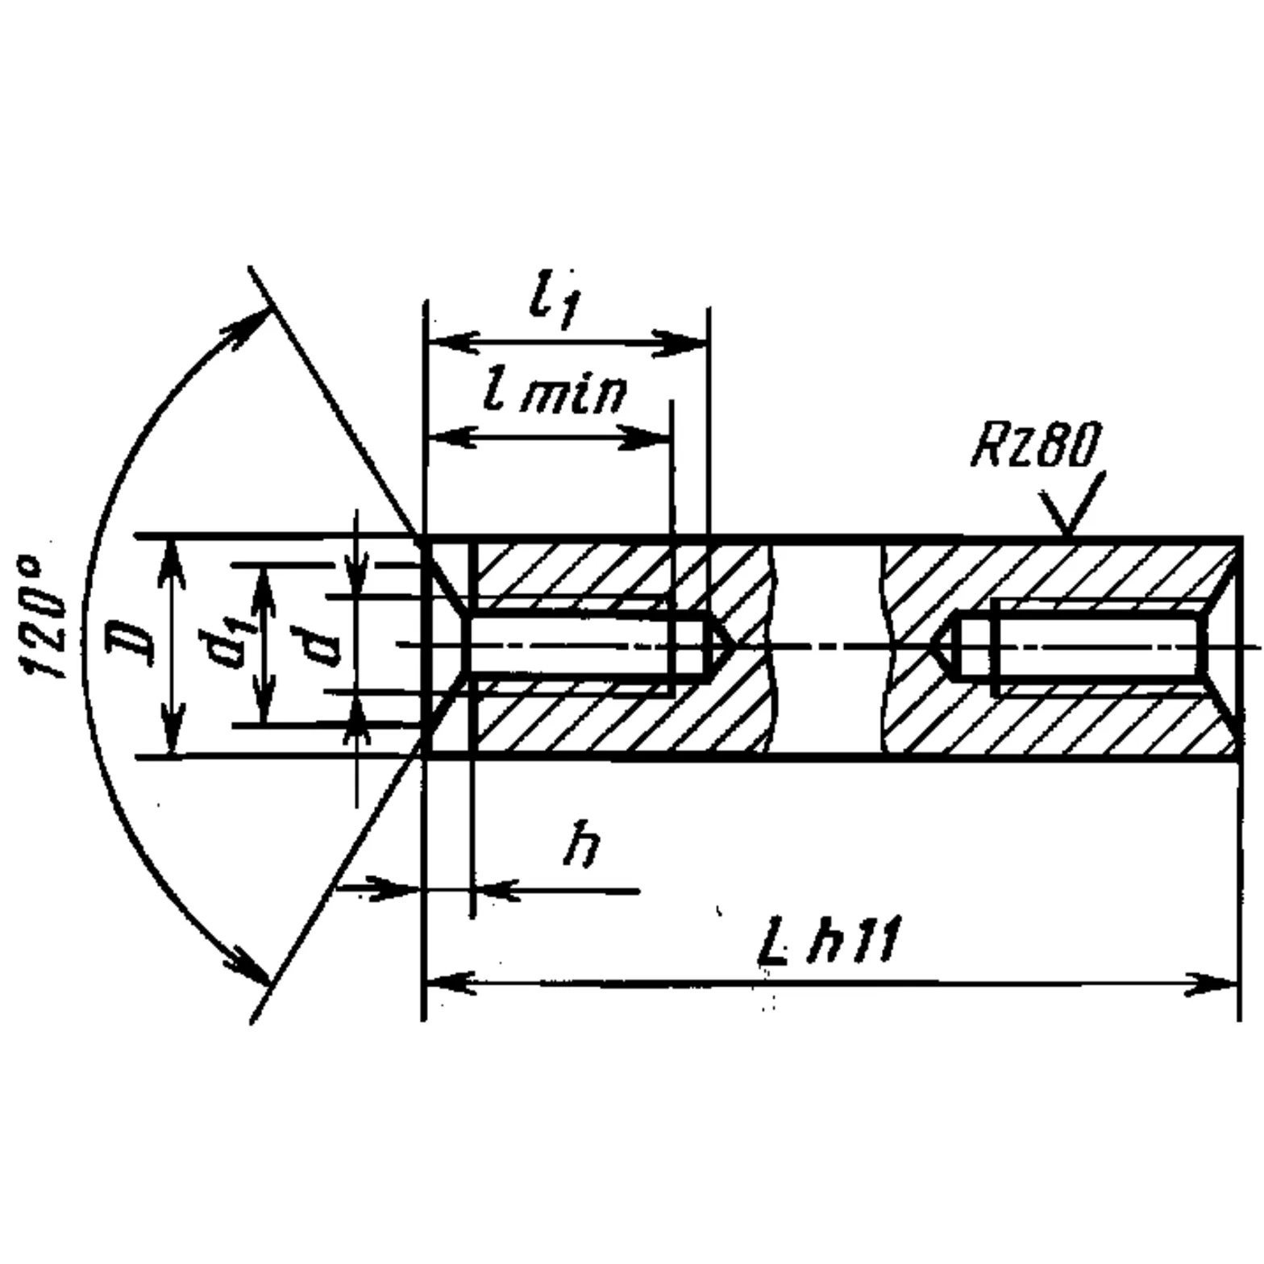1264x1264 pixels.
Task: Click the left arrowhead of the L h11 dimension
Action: (x=448, y=983)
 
